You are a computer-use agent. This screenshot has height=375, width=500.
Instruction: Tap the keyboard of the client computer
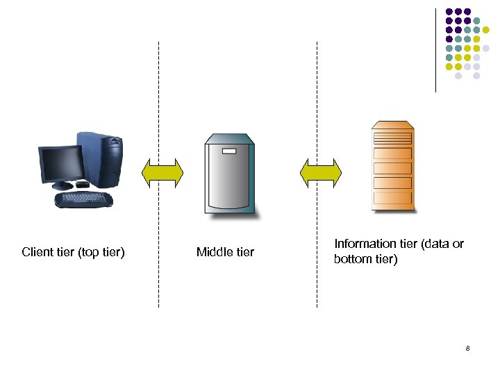coord(84,200)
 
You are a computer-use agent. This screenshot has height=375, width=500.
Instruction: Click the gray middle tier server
coord(228,175)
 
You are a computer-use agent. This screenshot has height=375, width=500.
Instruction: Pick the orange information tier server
coord(392,166)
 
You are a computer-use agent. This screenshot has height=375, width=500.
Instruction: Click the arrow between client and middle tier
coord(162,173)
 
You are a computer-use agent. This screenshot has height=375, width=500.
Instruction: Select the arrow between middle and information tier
coord(320,173)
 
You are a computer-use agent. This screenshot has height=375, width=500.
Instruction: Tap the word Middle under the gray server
coord(214,252)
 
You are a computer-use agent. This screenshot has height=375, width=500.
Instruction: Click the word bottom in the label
coord(352,260)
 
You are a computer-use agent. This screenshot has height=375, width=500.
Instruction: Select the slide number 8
coord(468,347)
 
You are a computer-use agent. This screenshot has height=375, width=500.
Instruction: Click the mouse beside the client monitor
coord(82,184)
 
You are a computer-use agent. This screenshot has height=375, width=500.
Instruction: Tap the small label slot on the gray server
coord(228,150)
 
